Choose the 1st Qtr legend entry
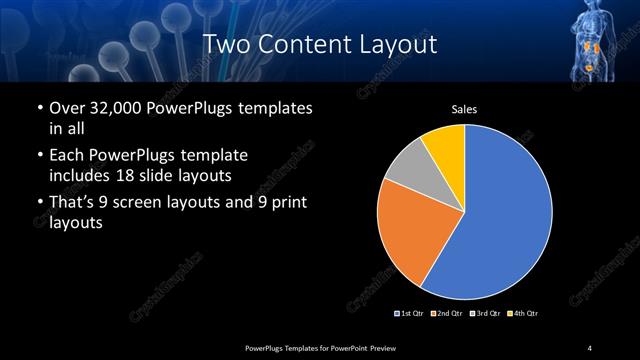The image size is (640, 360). [409, 314]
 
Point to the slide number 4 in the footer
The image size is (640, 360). [590, 347]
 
